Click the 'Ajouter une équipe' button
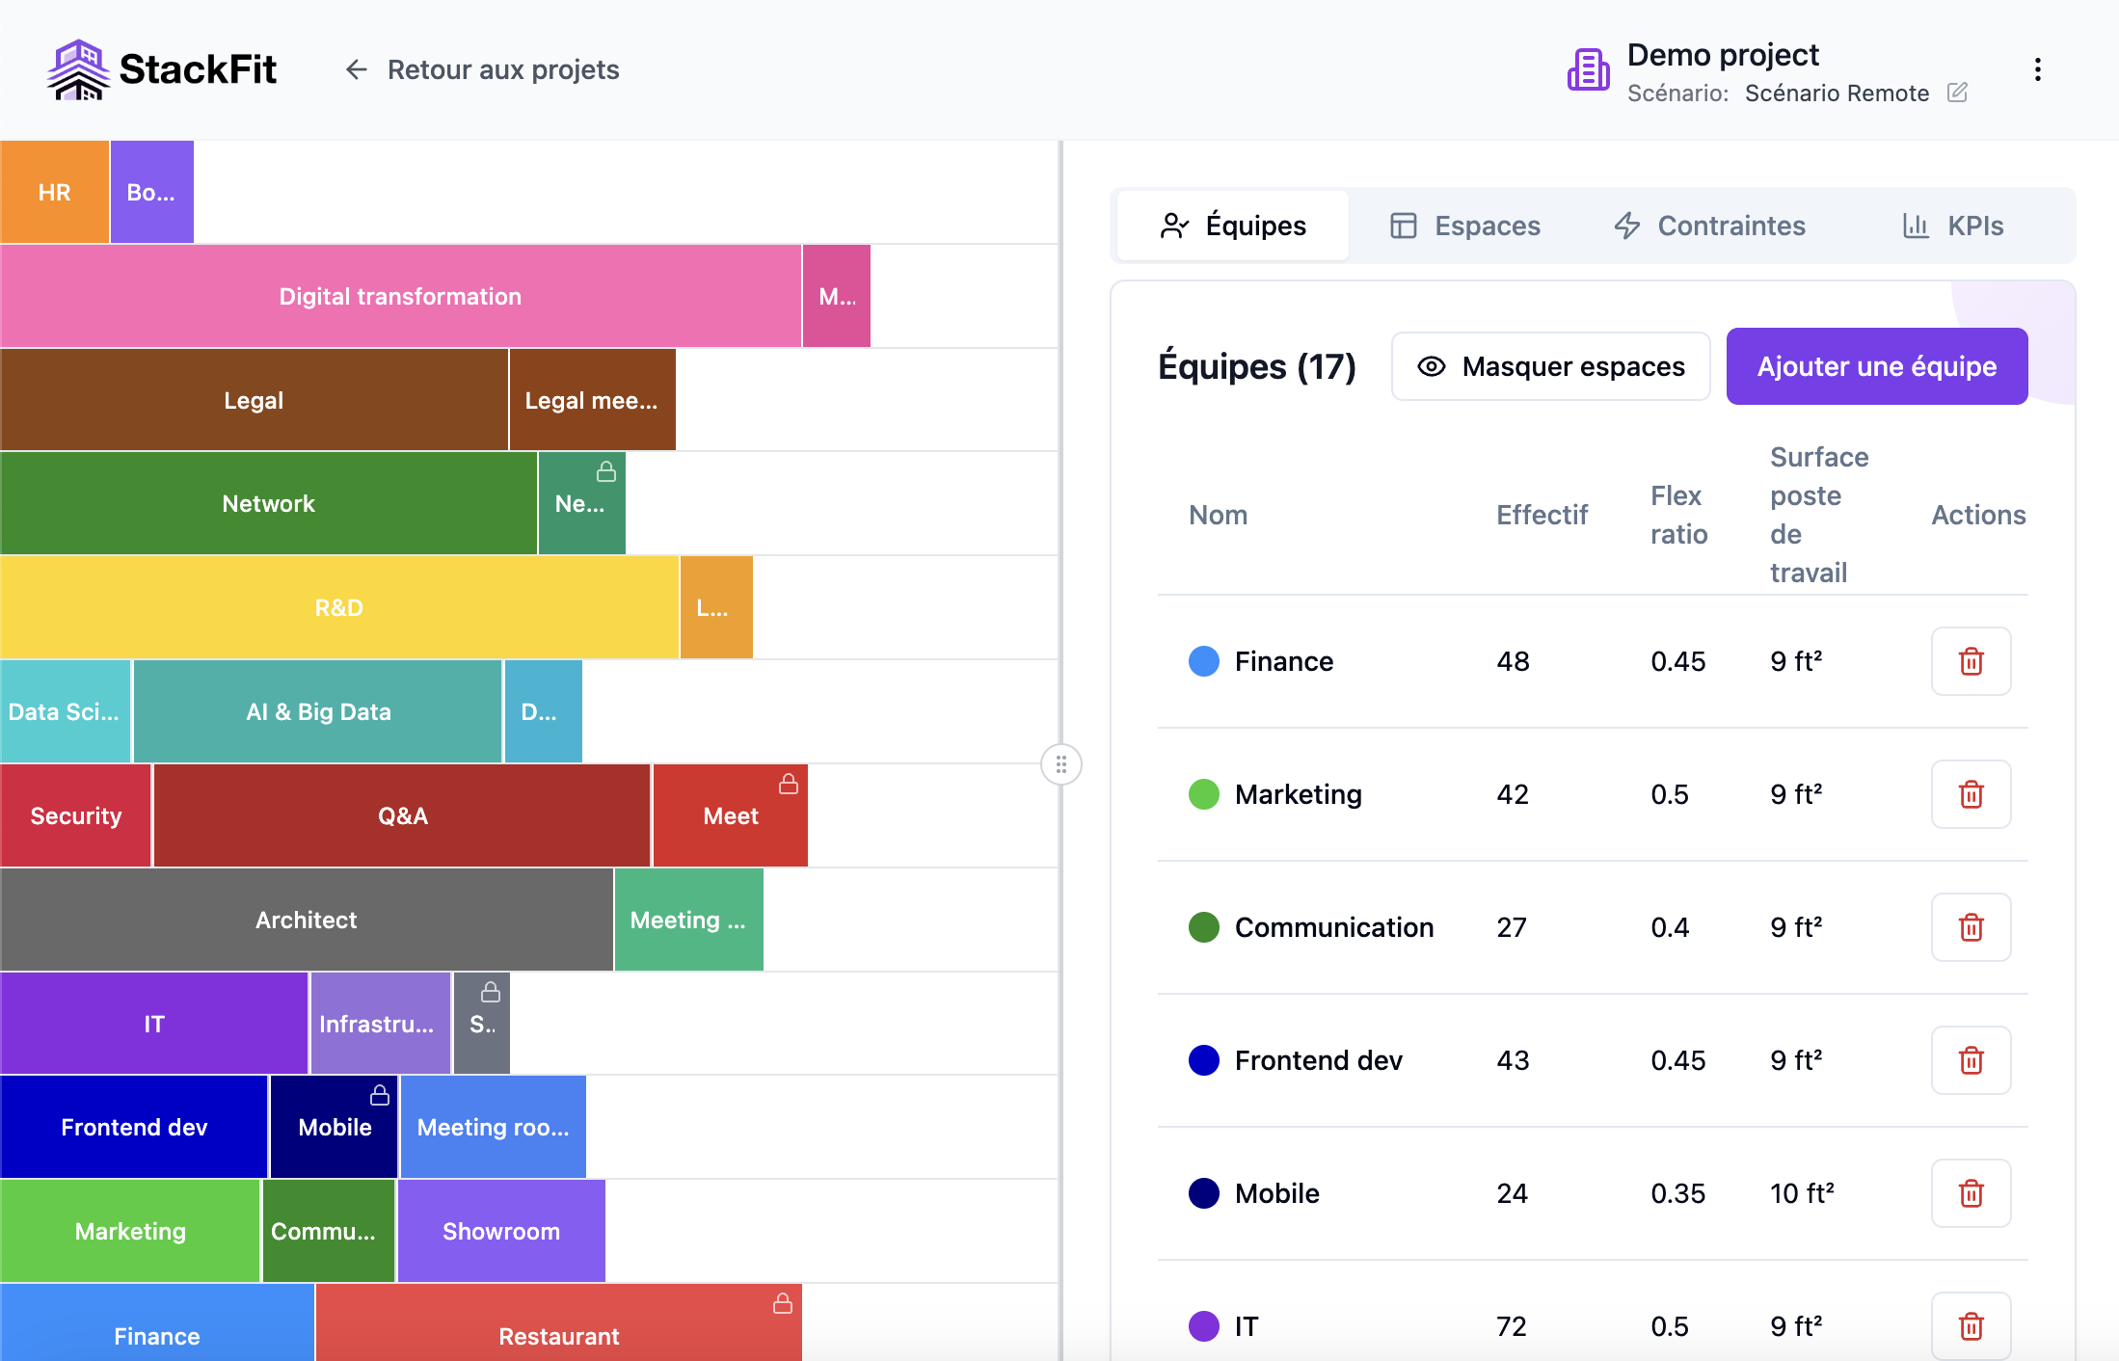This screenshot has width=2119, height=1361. click(x=1876, y=366)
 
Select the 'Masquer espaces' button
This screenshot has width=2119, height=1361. click(x=1550, y=366)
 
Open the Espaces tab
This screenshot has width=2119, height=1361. click(x=1465, y=226)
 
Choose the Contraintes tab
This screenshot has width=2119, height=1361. click(x=1709, y=226)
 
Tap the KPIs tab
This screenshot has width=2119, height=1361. click(x=1953, y=226)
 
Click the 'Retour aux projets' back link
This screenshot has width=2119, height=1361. click(x=482, y=69)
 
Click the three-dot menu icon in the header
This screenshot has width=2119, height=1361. click(x=2037, y=69)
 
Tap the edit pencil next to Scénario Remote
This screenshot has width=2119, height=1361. click(x=1957, y=93)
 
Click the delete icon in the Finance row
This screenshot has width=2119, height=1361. click(x=1971, y=661)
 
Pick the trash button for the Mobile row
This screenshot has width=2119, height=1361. click(x=1971, y=1193)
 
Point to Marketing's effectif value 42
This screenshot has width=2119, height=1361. click(x=1513, y=794)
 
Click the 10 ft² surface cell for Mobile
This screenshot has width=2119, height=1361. click(x=1801, y=1193)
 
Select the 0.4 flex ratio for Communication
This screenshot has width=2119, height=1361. click(x=1670, y=927)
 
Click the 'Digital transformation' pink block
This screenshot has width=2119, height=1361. click(x=400, y=296)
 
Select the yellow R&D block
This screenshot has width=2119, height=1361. click(x=338, y=607)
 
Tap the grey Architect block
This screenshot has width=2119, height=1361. click(x=306, y=920)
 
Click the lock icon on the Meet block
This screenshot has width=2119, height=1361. click(x=789, y=785)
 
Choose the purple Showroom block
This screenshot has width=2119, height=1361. click(x=501, y=1231)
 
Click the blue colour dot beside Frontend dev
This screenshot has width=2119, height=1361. click(x=1203, y=1060)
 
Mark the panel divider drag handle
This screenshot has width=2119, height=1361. click(x=1060, y=765)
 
